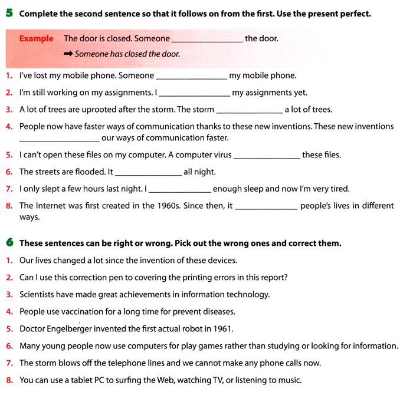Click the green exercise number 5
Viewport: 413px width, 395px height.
coord(10,12)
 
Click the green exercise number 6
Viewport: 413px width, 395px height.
coord(10,242)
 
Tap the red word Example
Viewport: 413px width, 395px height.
coord(36,39)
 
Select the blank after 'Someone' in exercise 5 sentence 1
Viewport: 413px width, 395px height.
coord(191,77)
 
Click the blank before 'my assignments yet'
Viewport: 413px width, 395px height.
coord(194,94)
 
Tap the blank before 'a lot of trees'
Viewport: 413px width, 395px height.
coord(250,110)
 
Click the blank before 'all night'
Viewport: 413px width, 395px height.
coord(148,173)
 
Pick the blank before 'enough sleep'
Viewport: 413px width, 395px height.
coord(178,190)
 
